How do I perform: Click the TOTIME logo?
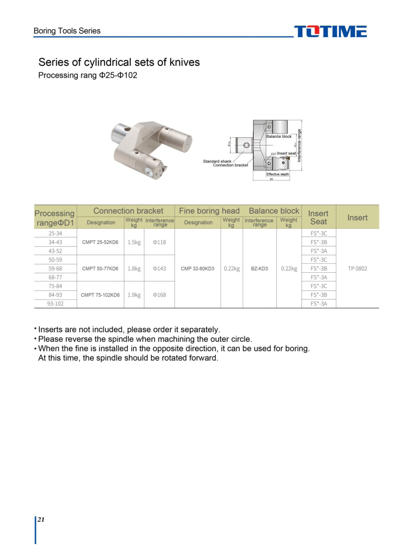pos(330,32)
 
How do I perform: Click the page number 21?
pos(41,520)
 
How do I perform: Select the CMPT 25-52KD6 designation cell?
pos(100,242)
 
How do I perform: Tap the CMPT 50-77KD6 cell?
pos(100,268)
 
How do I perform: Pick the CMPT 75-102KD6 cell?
pos(100,295)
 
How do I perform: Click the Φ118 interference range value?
pos(159,242)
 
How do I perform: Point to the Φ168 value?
pos(159,295)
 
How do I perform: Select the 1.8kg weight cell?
pos(134,268)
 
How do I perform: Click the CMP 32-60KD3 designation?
pos(198,268)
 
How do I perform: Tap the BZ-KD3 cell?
pos(260,268)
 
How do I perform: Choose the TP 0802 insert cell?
pos(357,268)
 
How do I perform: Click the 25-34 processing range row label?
pos(55,233)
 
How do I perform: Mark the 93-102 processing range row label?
pos(55,303)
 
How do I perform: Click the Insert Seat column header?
pos(318,217)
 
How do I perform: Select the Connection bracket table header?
pos(128,211)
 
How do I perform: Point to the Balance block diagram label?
pos(279,137)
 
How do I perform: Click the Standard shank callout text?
pos(217,161)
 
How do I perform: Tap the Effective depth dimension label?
pos(278,174)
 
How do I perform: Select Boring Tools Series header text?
pos(67,31)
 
